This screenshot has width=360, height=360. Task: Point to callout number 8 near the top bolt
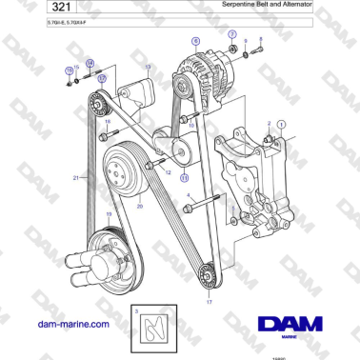click(x=260, y=40)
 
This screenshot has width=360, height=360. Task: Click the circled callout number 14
click(x=90, y=64)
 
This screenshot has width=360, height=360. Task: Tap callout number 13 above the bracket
click(x=148, y=67)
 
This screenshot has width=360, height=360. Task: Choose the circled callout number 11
click(x=185, y=176)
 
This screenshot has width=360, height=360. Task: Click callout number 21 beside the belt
click(x=75, y=178)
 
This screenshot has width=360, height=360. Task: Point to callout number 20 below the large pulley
click(x=139, y=206)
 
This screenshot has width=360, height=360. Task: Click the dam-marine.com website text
click(x=70, y=325)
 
